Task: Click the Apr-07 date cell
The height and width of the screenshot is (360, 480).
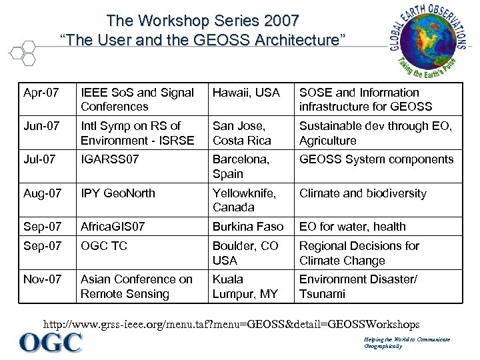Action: point(41,93)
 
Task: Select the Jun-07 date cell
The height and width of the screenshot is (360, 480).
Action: point(41,126)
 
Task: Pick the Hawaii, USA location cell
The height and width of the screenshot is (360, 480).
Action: point(246,93)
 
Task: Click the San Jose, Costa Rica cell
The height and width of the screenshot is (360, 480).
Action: point(241,133)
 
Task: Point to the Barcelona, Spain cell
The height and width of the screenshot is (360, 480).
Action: point(241,167)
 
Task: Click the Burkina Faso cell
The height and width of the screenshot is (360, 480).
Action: point(248,227)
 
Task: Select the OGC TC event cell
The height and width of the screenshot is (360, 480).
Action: point(104,246)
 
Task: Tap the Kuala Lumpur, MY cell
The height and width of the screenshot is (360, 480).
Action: point(243,287)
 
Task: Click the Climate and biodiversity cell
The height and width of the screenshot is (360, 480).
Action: point(363,193)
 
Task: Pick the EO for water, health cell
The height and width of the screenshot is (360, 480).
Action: point(352,227)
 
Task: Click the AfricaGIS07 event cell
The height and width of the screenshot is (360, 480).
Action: point(113,227)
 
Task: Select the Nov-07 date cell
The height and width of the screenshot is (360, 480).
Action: point(42,279)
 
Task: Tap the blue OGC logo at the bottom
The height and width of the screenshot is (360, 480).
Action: point(51,343)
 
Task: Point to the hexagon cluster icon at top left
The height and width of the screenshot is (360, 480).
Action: point(25,52)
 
